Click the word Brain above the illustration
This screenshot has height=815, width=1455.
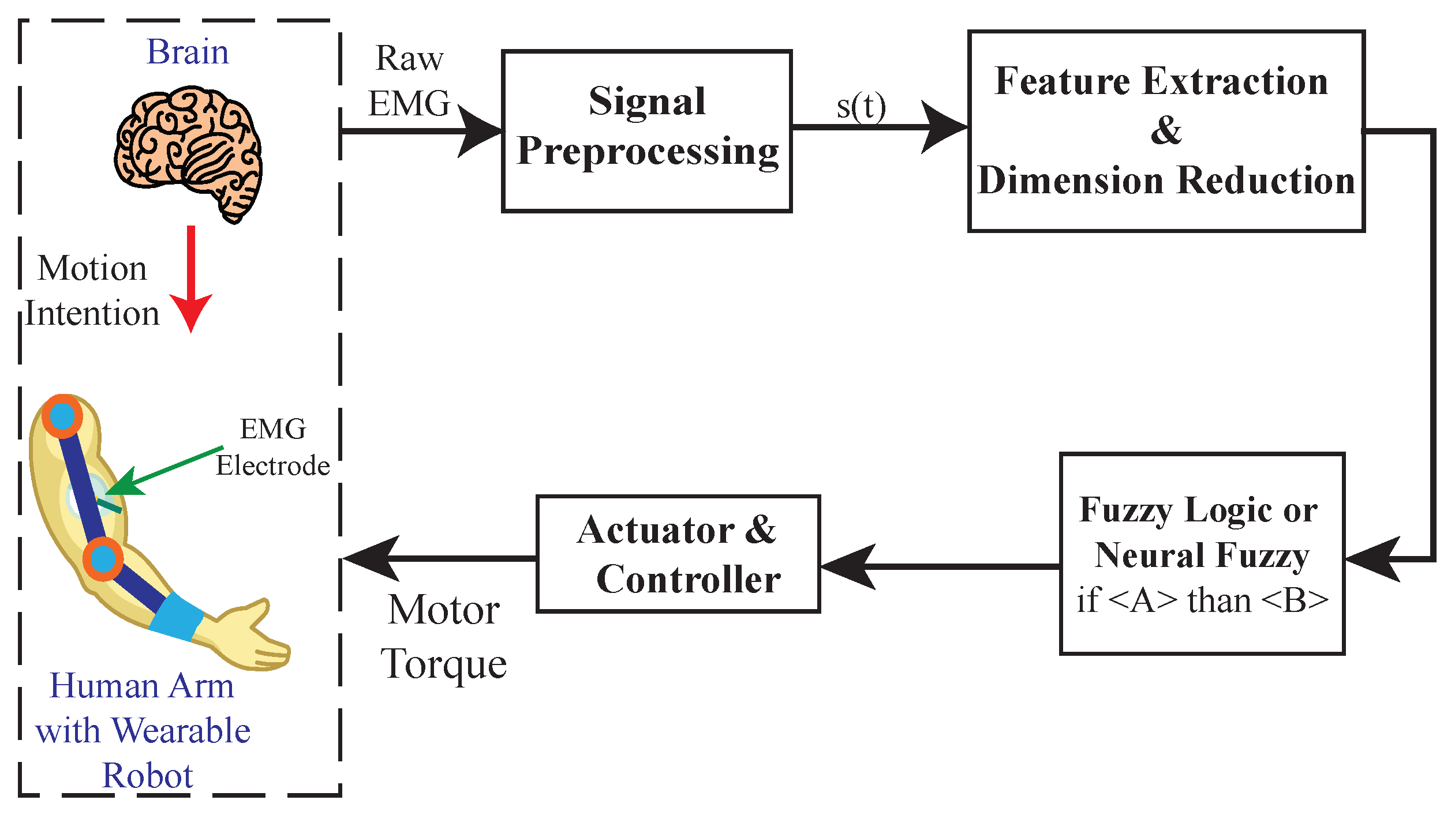[x=188, y=52]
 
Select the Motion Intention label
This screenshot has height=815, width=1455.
[x=92, y=291]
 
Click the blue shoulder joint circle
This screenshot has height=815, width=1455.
[x=62, y=415]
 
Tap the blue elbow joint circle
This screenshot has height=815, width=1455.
[x=103, y=558]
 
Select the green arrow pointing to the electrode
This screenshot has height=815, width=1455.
[x=167, y=470]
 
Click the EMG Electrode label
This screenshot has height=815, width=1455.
[x=273, y=448]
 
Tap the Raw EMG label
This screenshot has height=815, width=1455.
[x=409, y=81]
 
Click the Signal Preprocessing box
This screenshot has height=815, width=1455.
[x=646, y=132]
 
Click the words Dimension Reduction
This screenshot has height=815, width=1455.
[x=1166, y=181]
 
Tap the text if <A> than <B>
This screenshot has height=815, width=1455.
[x=1202, y=600]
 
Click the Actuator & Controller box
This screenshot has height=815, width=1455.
[x=678, y=554]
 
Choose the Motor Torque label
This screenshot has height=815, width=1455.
[x=443, y=637]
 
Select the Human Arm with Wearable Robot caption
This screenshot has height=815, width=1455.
[x=143, y=730]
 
